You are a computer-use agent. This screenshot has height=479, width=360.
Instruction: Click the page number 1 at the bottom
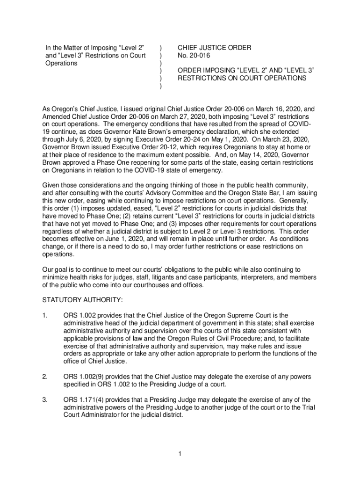click(180, 453)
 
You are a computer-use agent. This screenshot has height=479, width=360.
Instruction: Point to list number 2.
click(45, 377)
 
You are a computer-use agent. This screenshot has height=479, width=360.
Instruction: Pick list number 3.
click(45, 399)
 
